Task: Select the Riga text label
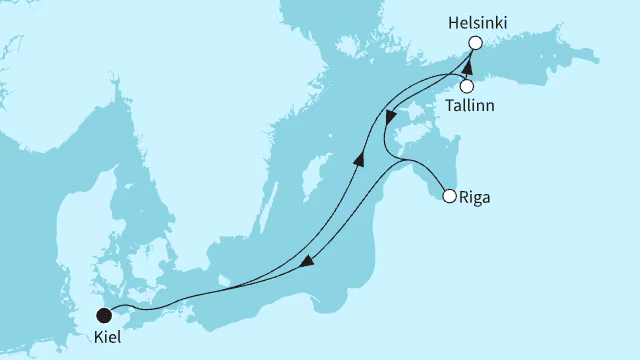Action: pyautogui.click(x=476, y=196)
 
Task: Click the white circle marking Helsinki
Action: pyautogui.click(x=475, y=43)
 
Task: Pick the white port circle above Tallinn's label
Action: pyautogui.click(x=467, y=86)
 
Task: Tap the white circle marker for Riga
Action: pyautogui.click(x=450, y=196)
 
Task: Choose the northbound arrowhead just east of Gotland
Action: pyautogui.click(x=358, y=158)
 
